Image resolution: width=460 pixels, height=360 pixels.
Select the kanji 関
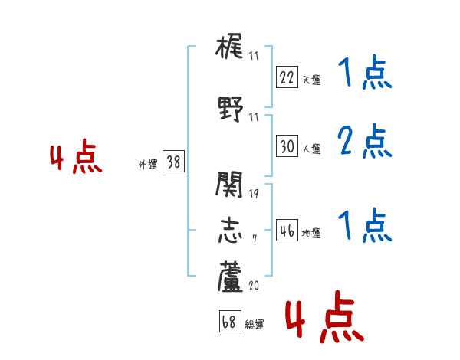(x=230, y=185)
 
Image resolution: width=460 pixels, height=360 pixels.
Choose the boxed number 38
(x=173, y=162)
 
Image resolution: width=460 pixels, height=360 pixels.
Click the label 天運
(x=311, y=80)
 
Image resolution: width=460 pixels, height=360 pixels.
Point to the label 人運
(x=311, y=149)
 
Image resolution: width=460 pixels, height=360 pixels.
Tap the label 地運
(x=311, y=234)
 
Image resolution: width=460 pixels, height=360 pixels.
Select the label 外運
(x=148, y=165)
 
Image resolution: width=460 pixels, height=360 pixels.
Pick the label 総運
(x=255, y=325)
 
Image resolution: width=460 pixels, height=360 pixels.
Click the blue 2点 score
(x=365, y=142)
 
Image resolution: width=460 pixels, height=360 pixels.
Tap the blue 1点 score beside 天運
(x=365, y=74)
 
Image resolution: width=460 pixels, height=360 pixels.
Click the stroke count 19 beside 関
(x=254, y=193)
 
